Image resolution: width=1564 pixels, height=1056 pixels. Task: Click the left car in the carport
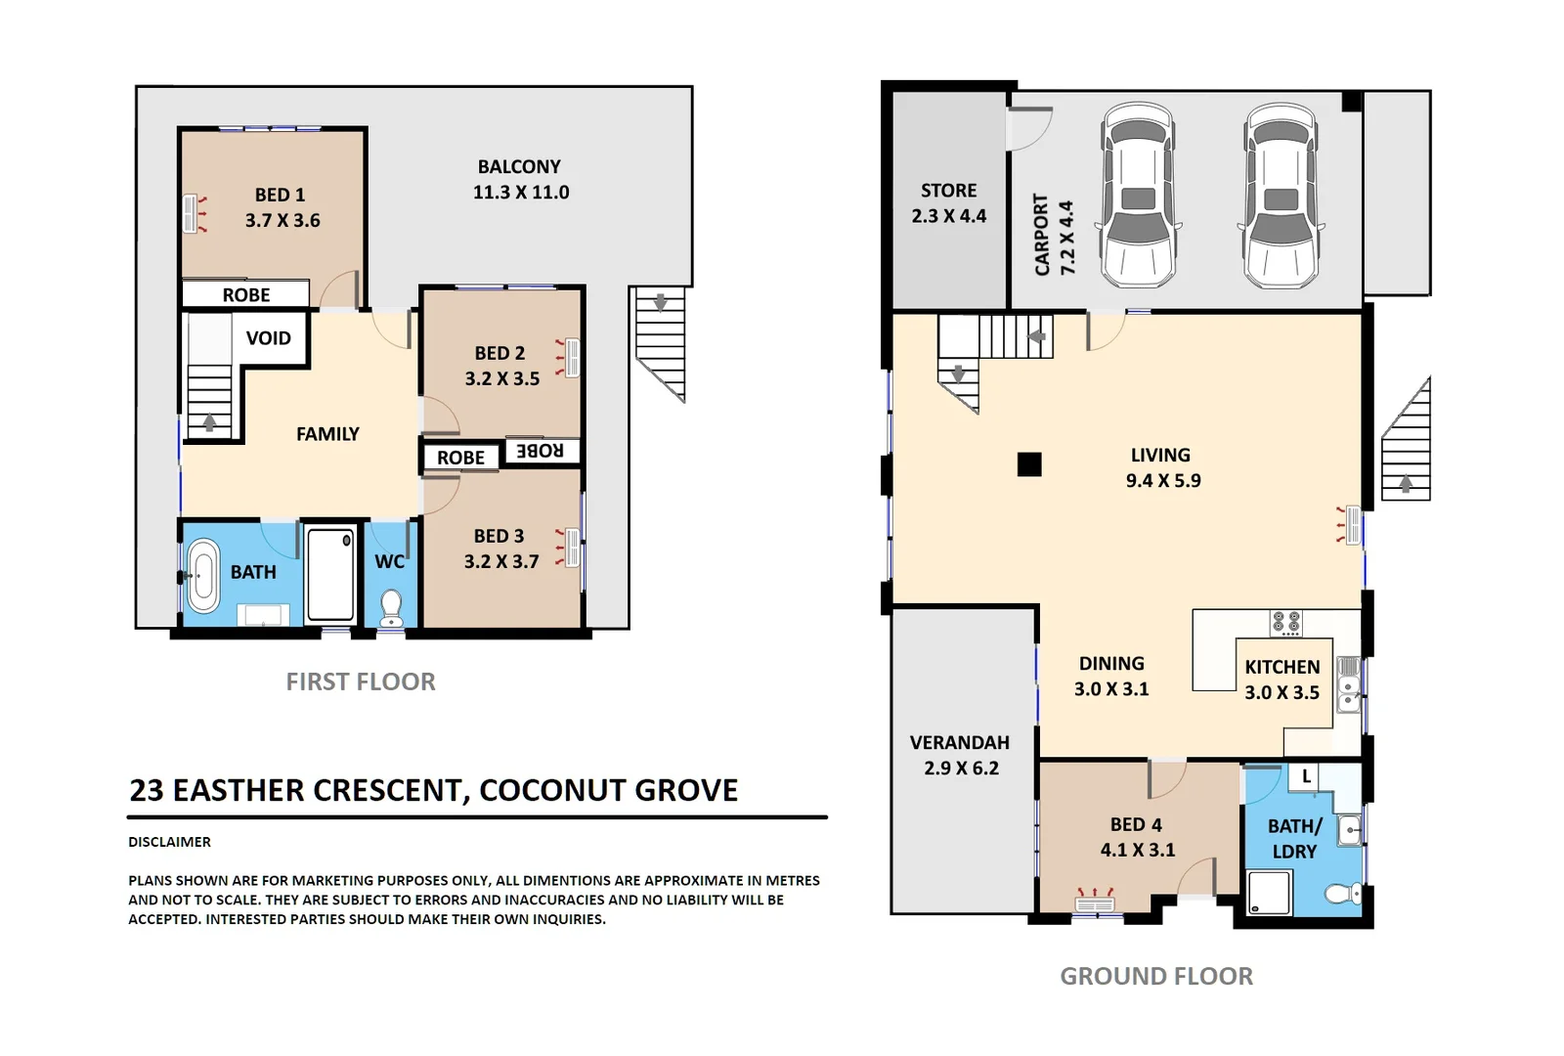(x=1138, y=196)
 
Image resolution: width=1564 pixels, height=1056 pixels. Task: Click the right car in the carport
(x=1281, y=196)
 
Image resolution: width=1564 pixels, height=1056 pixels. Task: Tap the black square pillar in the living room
(x=1028, y=463)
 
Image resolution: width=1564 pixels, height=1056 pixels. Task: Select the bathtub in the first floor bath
(x=203, y=576)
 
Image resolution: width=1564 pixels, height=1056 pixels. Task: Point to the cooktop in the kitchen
(x=1285, y=623)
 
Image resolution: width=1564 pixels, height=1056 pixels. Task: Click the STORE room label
(x=948, y=191)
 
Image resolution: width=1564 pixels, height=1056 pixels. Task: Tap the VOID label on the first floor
(x=268, y=338)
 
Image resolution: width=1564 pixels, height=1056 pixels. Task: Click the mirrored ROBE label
(x=540, y=451)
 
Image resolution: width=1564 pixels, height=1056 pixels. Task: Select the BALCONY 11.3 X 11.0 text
(x=520, y=180)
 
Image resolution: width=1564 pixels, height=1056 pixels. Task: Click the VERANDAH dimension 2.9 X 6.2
(x=961, y=769)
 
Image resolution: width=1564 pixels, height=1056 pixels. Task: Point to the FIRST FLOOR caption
(x=361, y=682)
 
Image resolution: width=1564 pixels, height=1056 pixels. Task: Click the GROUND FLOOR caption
(x=1155, y=976)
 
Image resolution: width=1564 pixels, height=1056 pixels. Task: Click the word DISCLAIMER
(x=169, y=842)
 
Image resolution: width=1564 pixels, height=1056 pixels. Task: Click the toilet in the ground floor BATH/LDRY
(x=1343, y=893)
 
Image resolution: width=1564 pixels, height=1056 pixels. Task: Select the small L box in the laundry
(x=1306, y=777)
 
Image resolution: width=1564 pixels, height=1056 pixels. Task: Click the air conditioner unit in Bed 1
(x=190, y=214)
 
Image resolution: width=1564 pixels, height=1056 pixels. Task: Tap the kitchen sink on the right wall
(x=1349, y=682)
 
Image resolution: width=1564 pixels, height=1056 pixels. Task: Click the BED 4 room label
(x=1136, y=825)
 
